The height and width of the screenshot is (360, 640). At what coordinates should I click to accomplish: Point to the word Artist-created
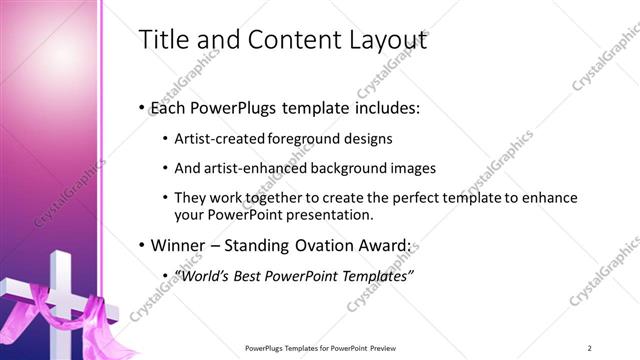pos(219,139)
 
